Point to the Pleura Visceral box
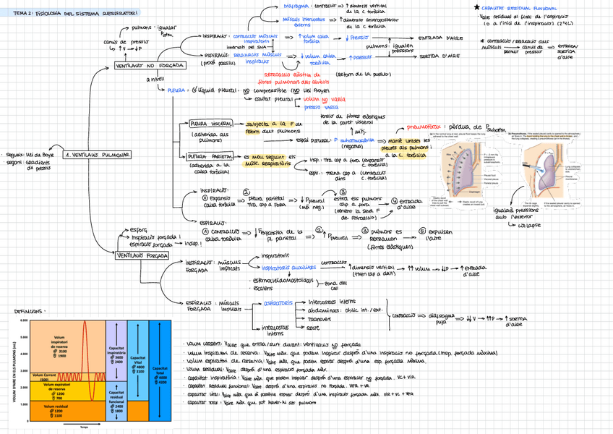point(210,124)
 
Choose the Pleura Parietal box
point(210,156)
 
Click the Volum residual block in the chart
point(59,410)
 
